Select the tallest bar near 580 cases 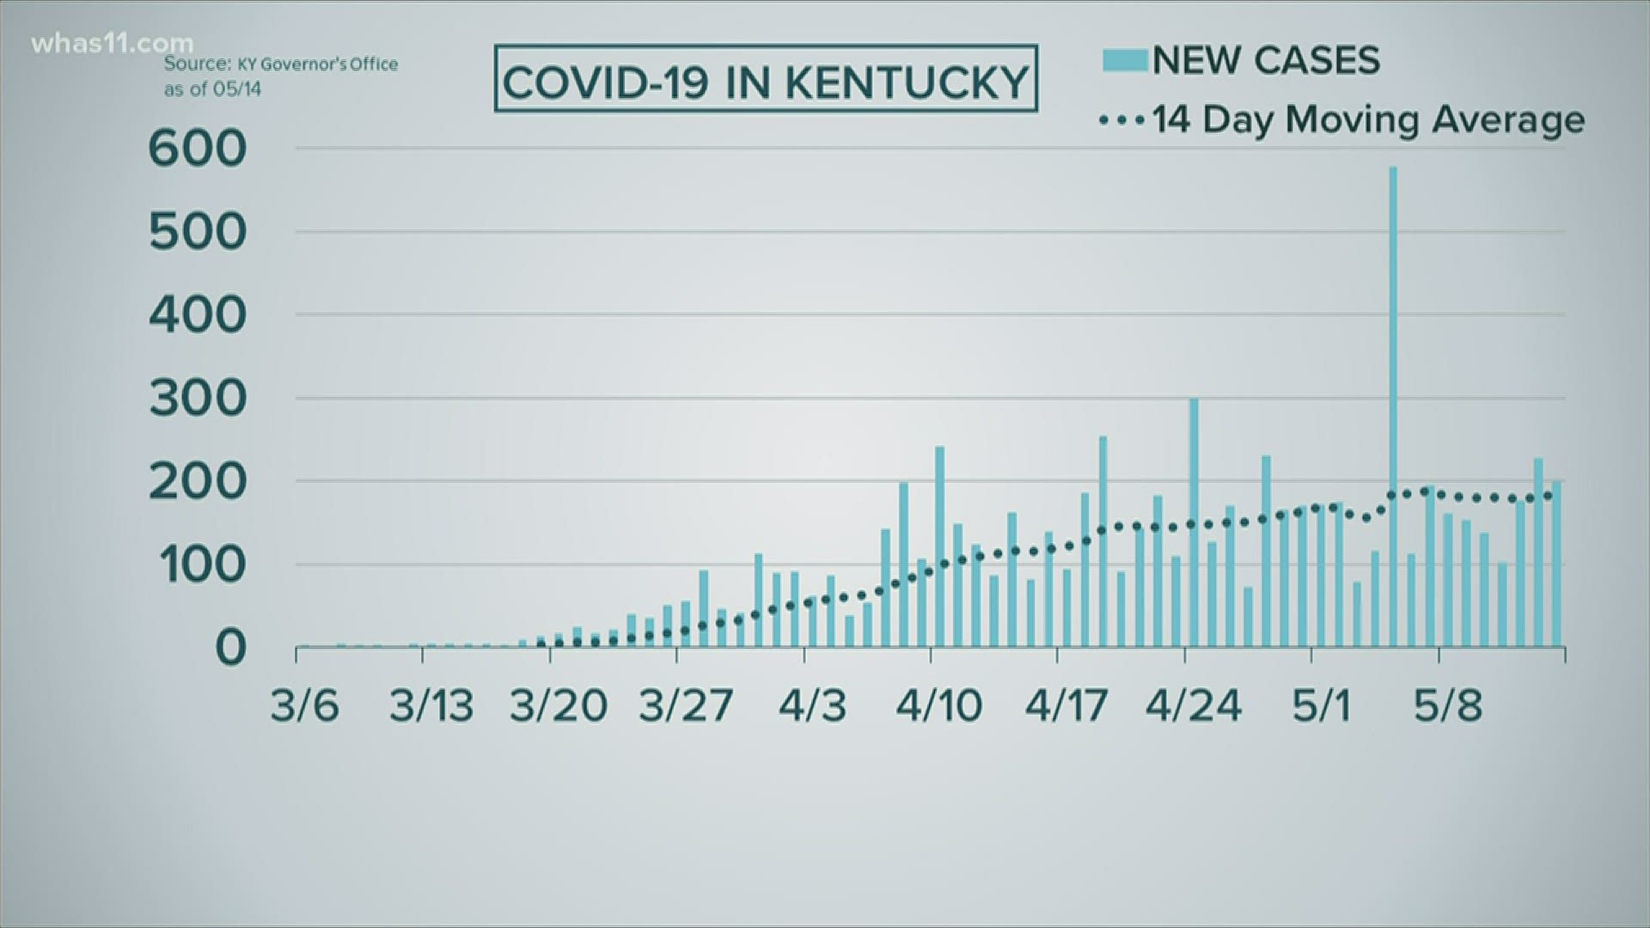[x=1393, y=404]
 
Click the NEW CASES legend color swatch [x=1125, y=60]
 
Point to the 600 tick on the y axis [x=198, y=150]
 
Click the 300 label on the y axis [x=198, y=399]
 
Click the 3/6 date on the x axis [x=304, y=706]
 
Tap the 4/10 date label [x=938, y=706]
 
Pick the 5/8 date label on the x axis [x=1448, y=706]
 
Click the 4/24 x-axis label [x=1194, y=706]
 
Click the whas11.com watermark [x=112, y=43]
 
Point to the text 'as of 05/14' [x=213, y=89]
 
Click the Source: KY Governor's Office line [x=281, y=64]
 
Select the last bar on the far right [x=1556, y=563]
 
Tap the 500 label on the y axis [x=198, y=232]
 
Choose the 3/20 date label [x=559, y=706]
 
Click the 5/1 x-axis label [x=1322, y=706]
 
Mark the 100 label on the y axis [x=198, y=565]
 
